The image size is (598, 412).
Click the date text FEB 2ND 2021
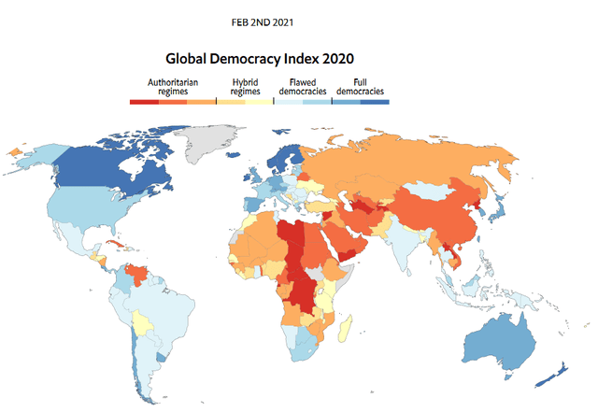click(263, 22)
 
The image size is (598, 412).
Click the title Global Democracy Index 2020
click(260, 59)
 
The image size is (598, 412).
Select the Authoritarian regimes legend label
click(173, 87)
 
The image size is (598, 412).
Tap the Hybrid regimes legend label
click(245, 87)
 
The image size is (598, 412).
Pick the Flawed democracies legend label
click(303, 87)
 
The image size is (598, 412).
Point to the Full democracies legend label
click(360, 87)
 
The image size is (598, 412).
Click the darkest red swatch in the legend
click(144, 102)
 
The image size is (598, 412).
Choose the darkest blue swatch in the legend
click(375, 102)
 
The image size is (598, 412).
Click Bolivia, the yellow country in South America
click(143, 323)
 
